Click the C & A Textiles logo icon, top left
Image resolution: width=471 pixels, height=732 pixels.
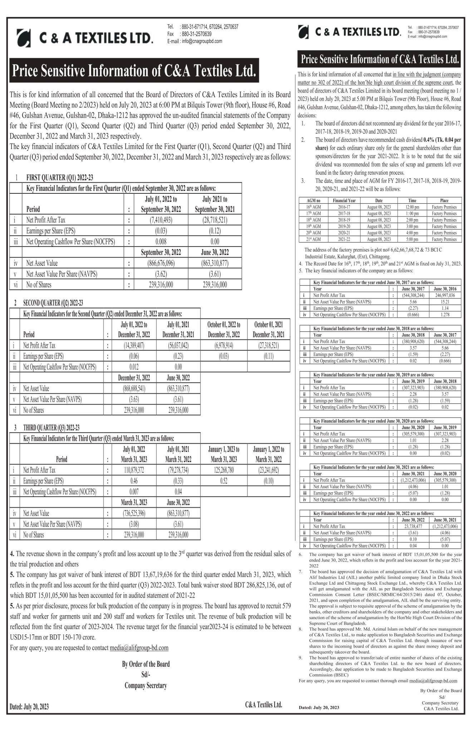pos(24,38)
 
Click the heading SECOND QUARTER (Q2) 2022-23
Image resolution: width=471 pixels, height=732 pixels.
pos(53,303)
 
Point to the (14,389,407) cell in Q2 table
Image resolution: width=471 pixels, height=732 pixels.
pos(134,346)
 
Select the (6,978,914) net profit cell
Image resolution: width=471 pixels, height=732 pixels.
pos(224,346)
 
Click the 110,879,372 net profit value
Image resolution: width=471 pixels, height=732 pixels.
pos(134,470)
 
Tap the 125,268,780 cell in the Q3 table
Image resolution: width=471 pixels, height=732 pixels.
pos(224,470)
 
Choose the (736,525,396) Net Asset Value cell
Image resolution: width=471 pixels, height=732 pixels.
pos(134,513)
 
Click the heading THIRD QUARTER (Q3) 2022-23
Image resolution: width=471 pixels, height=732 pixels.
pos(51,427)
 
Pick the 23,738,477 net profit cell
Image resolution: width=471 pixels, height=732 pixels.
pos(413,526)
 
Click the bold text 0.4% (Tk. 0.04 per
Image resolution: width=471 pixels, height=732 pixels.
pos(442,140)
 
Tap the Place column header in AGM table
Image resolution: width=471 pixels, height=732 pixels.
pos(444,201)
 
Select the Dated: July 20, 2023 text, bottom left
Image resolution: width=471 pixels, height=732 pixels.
pos(29,707)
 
